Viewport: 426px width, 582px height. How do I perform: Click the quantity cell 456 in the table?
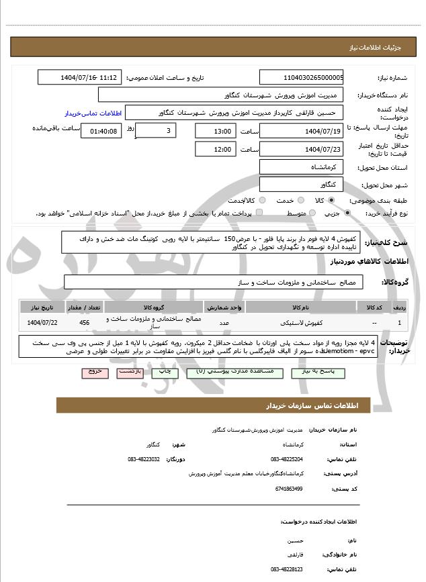coord(84,323)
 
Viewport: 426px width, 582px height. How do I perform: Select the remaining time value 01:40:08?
coord(101,131)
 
